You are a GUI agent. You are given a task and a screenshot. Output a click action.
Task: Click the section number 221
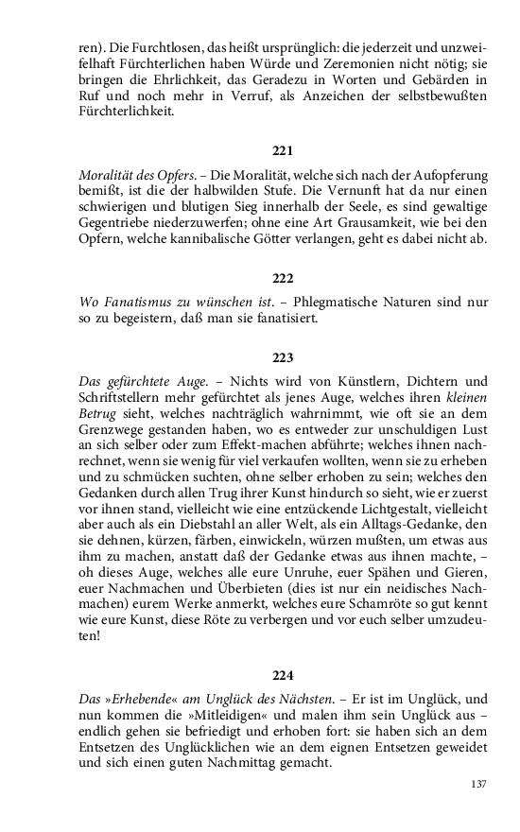(283, 151)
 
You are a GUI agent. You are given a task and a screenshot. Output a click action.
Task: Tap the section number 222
(283, 278)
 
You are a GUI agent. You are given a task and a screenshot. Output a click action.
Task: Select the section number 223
(283, 357)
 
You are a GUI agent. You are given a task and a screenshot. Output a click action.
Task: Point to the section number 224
(283, 675)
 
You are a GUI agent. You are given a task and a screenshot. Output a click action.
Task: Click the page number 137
(477, 784)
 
